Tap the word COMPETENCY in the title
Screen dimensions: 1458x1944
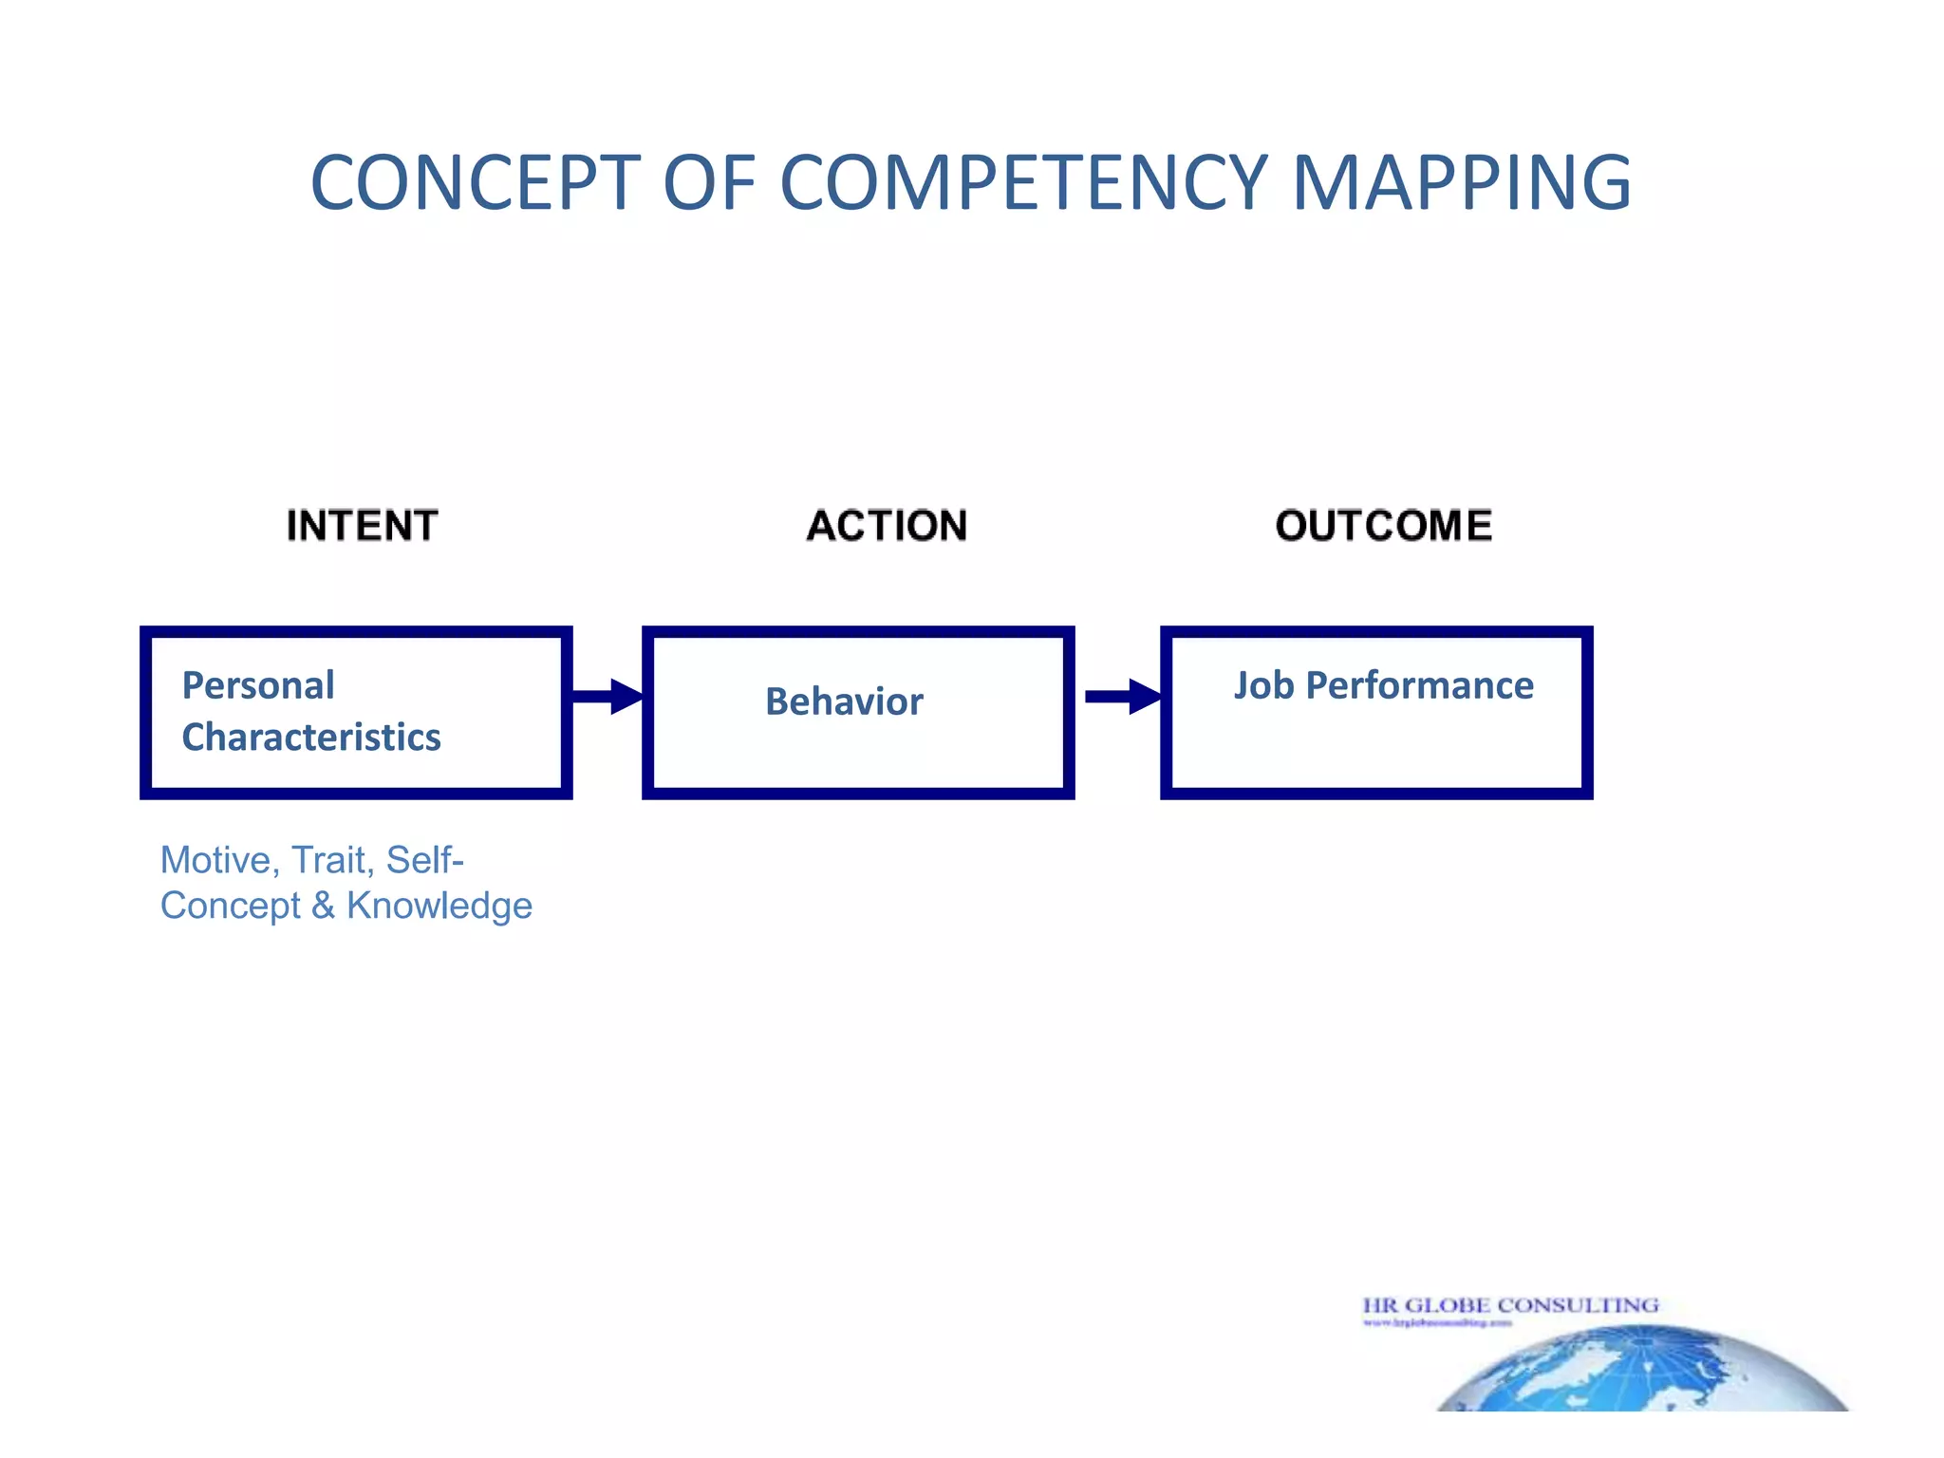(1023, 182)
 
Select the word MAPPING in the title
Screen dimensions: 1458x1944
(1461, 182)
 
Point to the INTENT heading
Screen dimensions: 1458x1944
(362, 526)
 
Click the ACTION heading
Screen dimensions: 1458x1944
(887, 526)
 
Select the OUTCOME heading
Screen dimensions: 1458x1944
(1383, 526)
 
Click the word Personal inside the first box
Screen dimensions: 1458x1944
(258, 685)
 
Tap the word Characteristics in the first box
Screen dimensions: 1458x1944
(311, 738)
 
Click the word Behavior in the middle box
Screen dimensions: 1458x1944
(844, 701)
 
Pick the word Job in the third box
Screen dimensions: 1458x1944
(1263, 685)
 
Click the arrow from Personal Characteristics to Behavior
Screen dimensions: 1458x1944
(607, 697)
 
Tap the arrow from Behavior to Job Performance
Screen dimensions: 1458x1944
(1122, 697)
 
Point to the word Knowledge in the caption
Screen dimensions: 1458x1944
(439, 906)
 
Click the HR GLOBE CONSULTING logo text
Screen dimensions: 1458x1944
(1510, 1306)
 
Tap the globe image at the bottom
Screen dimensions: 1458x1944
(1642, 1372)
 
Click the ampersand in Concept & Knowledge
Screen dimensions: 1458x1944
(323, 906)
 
